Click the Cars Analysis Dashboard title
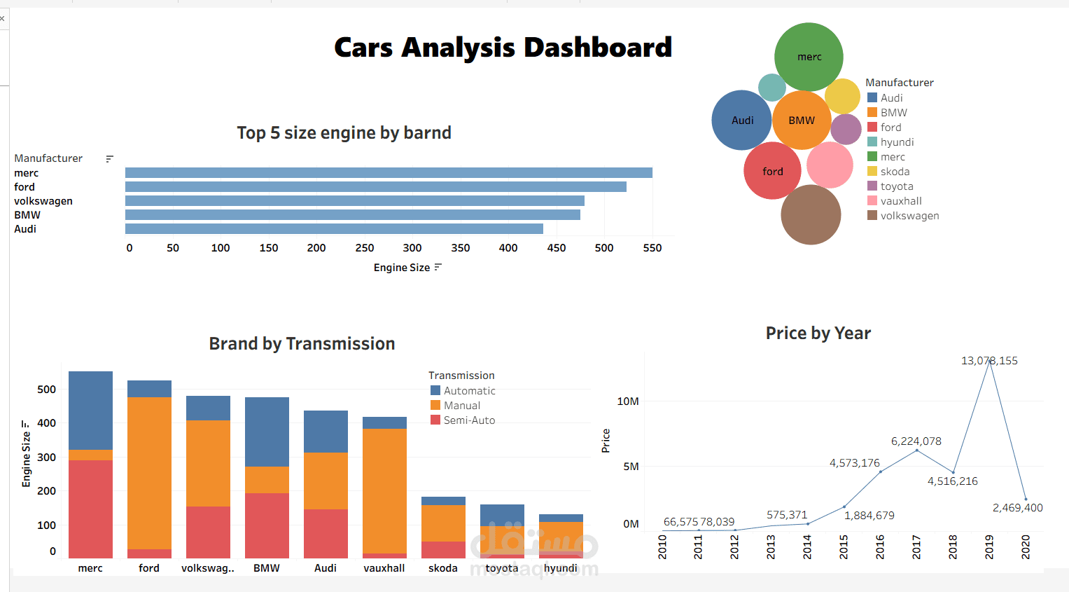point(503,48)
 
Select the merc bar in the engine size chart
point(389,173)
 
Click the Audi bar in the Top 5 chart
point(334,229)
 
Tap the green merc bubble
point(809,57)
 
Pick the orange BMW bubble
point(802,121)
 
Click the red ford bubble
point(772,171)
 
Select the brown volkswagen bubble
point(811,215)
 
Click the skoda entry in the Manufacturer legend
point(895,172)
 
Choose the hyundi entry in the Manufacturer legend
point(897,142)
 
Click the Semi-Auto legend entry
point(469,420)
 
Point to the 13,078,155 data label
point(989,361)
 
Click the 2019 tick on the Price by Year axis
point(989,546)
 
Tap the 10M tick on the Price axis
point(628,401)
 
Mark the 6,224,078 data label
point(916,441)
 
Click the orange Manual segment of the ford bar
point(149,473)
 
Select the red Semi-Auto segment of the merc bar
point(90,509)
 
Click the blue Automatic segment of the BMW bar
point(267,432)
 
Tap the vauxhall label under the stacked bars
point(384,568)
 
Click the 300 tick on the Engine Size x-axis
point(412,248)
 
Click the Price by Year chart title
point(818,333)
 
